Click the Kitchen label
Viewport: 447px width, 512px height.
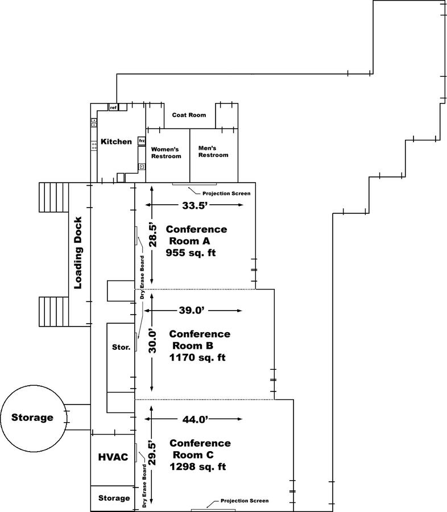(x=116, y=142)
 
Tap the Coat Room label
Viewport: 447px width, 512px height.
(x=188, y=115)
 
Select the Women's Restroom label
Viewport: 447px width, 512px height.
(x=166, y=152)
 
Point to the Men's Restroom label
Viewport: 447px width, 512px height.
(x=213, y=151)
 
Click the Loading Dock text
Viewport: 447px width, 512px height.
(x=78, y=253)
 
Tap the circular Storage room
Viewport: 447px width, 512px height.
(x=32, y=418)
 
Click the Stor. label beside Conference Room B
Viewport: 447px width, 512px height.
(x=121, y=346)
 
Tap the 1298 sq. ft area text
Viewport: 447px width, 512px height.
(x=197, y=467)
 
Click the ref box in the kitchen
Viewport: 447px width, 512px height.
(x=114, y=107)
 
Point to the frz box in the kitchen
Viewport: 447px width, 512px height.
(x=142, y=141)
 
